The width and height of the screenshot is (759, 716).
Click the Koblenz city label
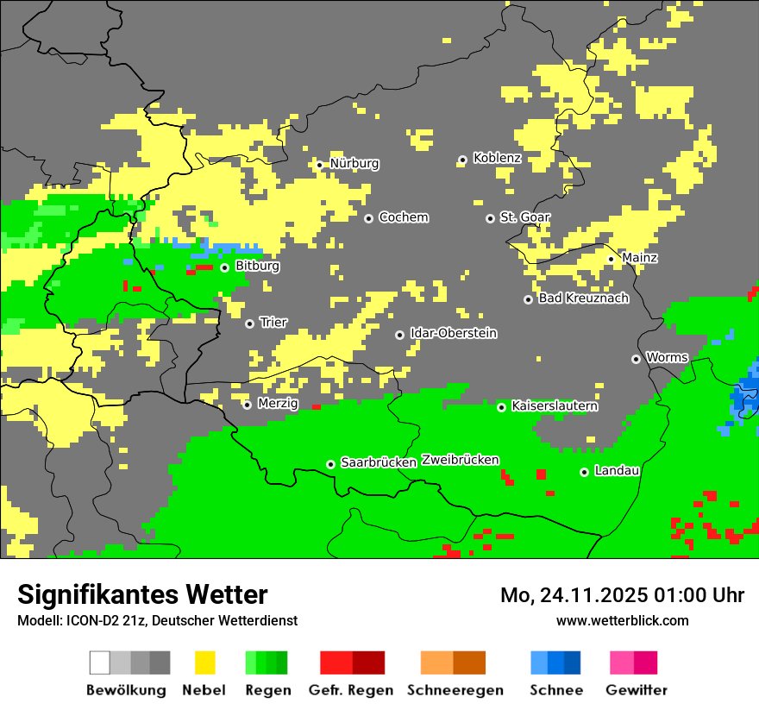point(497,158)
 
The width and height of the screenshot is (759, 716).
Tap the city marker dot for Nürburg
point(319,165)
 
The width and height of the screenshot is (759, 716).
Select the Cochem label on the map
point(403,217)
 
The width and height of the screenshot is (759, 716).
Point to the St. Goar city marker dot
point(490,219)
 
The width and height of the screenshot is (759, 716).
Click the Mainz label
point(639,258)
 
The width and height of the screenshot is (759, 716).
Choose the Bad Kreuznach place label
point(583,298)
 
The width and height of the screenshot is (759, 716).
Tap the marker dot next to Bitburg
point(224,267)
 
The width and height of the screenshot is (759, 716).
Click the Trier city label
point(273,323)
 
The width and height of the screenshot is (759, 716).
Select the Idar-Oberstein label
point(453,334)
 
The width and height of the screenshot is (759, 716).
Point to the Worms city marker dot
point(636,359)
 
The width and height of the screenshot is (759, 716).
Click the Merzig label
point(277,404)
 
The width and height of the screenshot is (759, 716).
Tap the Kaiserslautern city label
point(555,405)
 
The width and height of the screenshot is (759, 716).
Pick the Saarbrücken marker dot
point(330,464)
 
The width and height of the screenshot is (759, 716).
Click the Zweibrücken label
point(460,460)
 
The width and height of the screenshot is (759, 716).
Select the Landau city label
point(617,471)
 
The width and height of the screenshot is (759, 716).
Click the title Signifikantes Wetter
point(142,594)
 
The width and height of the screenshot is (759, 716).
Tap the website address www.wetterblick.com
point(622,620)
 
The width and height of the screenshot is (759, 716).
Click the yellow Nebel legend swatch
point(204,663)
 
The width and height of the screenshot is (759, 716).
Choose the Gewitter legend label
point(636,690)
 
